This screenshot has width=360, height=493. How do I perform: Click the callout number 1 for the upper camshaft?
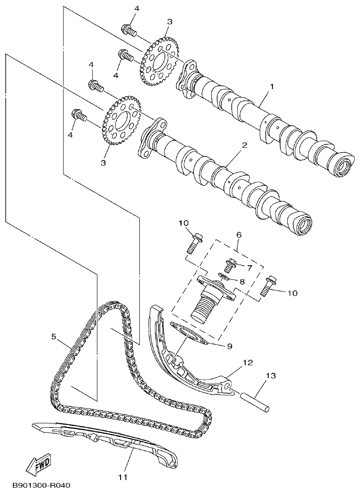coord(271,86)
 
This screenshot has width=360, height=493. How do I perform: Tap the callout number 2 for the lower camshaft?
coord(245,146)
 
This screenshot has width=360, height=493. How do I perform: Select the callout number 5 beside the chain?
coord(54,337)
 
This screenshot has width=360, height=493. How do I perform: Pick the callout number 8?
coord(242,282)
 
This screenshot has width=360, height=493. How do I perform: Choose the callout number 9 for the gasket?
coord(230,345)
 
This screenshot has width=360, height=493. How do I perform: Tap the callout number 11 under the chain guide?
coord(123,477)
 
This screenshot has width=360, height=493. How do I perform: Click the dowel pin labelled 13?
coord(255,401)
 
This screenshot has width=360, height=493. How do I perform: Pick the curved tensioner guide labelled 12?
coord(179,357)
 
